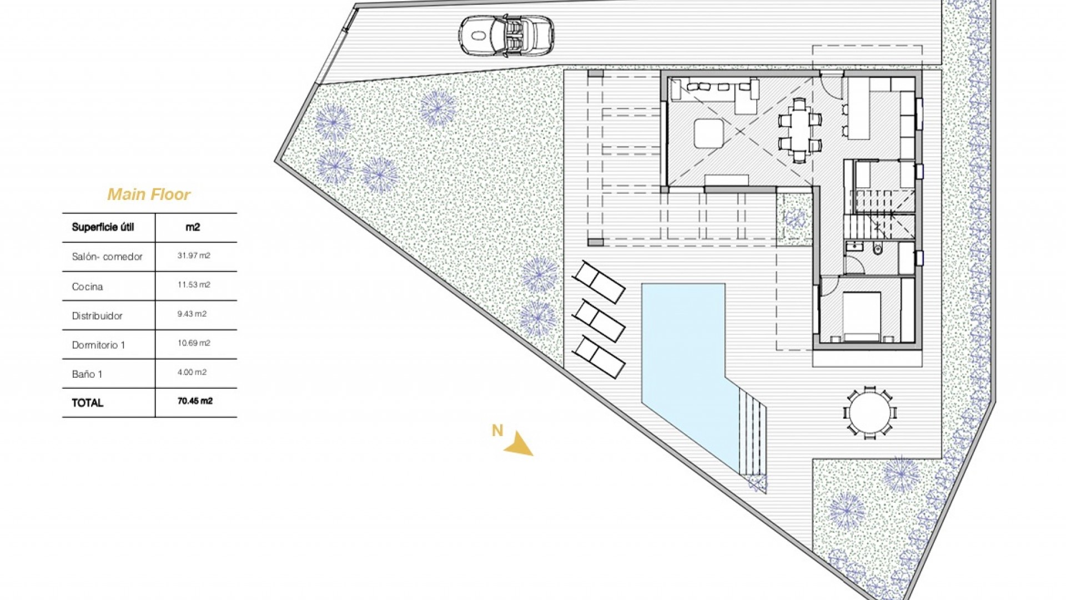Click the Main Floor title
[149, 194]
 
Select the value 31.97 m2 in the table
[194, 256]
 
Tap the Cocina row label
[87, 287]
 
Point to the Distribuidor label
[97, 316]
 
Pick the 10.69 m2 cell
[194, 343]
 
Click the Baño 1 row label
[87, 374]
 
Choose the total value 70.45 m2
[195, 401]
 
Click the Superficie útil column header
[103, 227]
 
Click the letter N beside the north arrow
[497, 431]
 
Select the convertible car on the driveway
[506, 36]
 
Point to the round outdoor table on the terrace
[870, 412]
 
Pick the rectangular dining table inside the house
[799, 131]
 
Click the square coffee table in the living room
[708, 133]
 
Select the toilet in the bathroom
[877, 249]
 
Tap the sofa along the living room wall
[713, 89]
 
